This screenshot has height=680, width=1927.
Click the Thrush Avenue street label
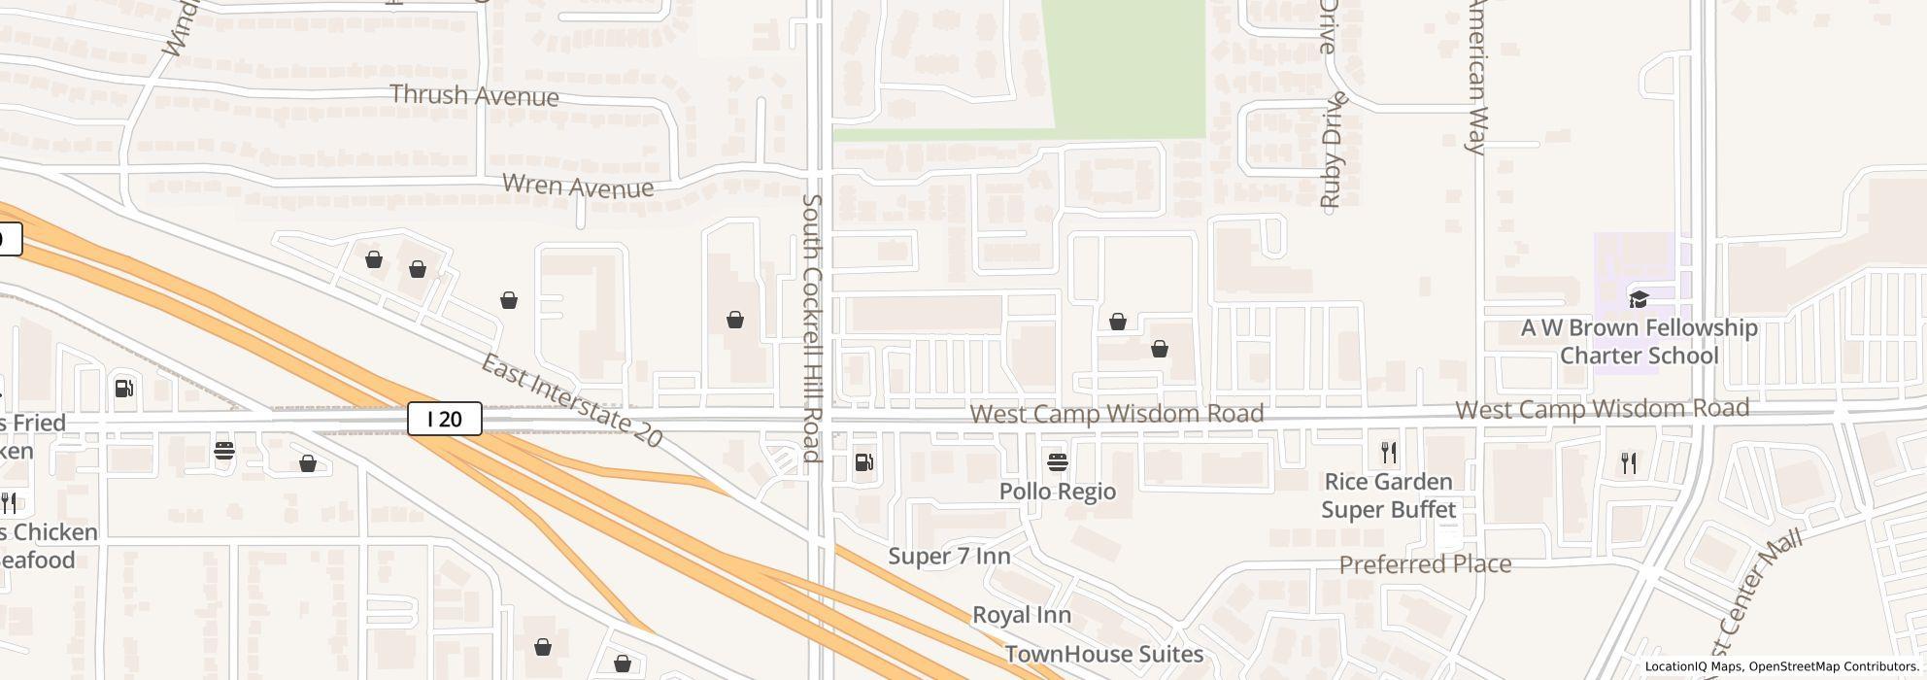pyautogui.click(x=474, y=95)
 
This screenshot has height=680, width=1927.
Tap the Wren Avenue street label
pyautogui.click(x=578, y=186)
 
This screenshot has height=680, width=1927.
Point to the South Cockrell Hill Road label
pyautogui.click(x=812, y=328)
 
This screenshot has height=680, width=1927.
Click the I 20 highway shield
pyautogui.click(x=445, y=419)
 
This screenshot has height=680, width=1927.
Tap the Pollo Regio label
pyautogui.click(x=1058, y=492)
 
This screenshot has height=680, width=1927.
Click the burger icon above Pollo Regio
pyautogui.click(x=1058, y=461)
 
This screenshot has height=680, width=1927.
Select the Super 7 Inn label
pyautogui.click(x=949, y=557)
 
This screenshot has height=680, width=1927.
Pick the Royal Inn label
pyautogui.click(x=1022, y=615)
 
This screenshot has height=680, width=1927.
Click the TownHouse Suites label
pyautogui.click(x=1104, y=654)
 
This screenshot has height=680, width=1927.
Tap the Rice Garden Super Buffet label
pyautogui.click(x=1388, y=495)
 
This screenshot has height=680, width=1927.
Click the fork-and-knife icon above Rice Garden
pyautogui.click(x=1389, y=453)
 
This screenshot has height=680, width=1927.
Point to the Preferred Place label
pyautogui.click(x=1425, y=564)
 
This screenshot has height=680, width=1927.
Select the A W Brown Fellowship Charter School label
pyautogui.click(x=1639, y=342)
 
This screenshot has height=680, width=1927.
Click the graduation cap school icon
pyautogui.click(x=1639, y=299)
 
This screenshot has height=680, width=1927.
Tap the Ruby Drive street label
pyautogui.click(x=1332, y=151)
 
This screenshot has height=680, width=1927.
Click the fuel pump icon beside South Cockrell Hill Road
pyautogui.click(x=863, y=462)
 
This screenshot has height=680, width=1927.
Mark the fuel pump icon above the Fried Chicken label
pyautogui.click(x=124, y=389)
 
